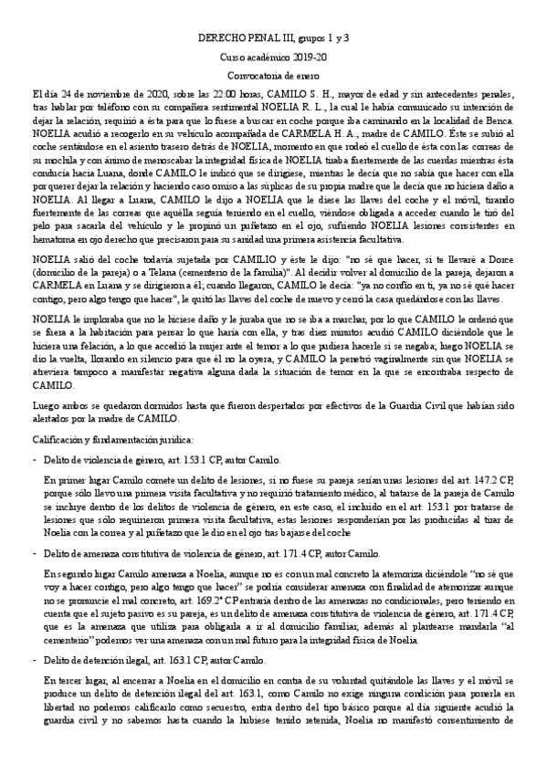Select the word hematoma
(55, 240)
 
